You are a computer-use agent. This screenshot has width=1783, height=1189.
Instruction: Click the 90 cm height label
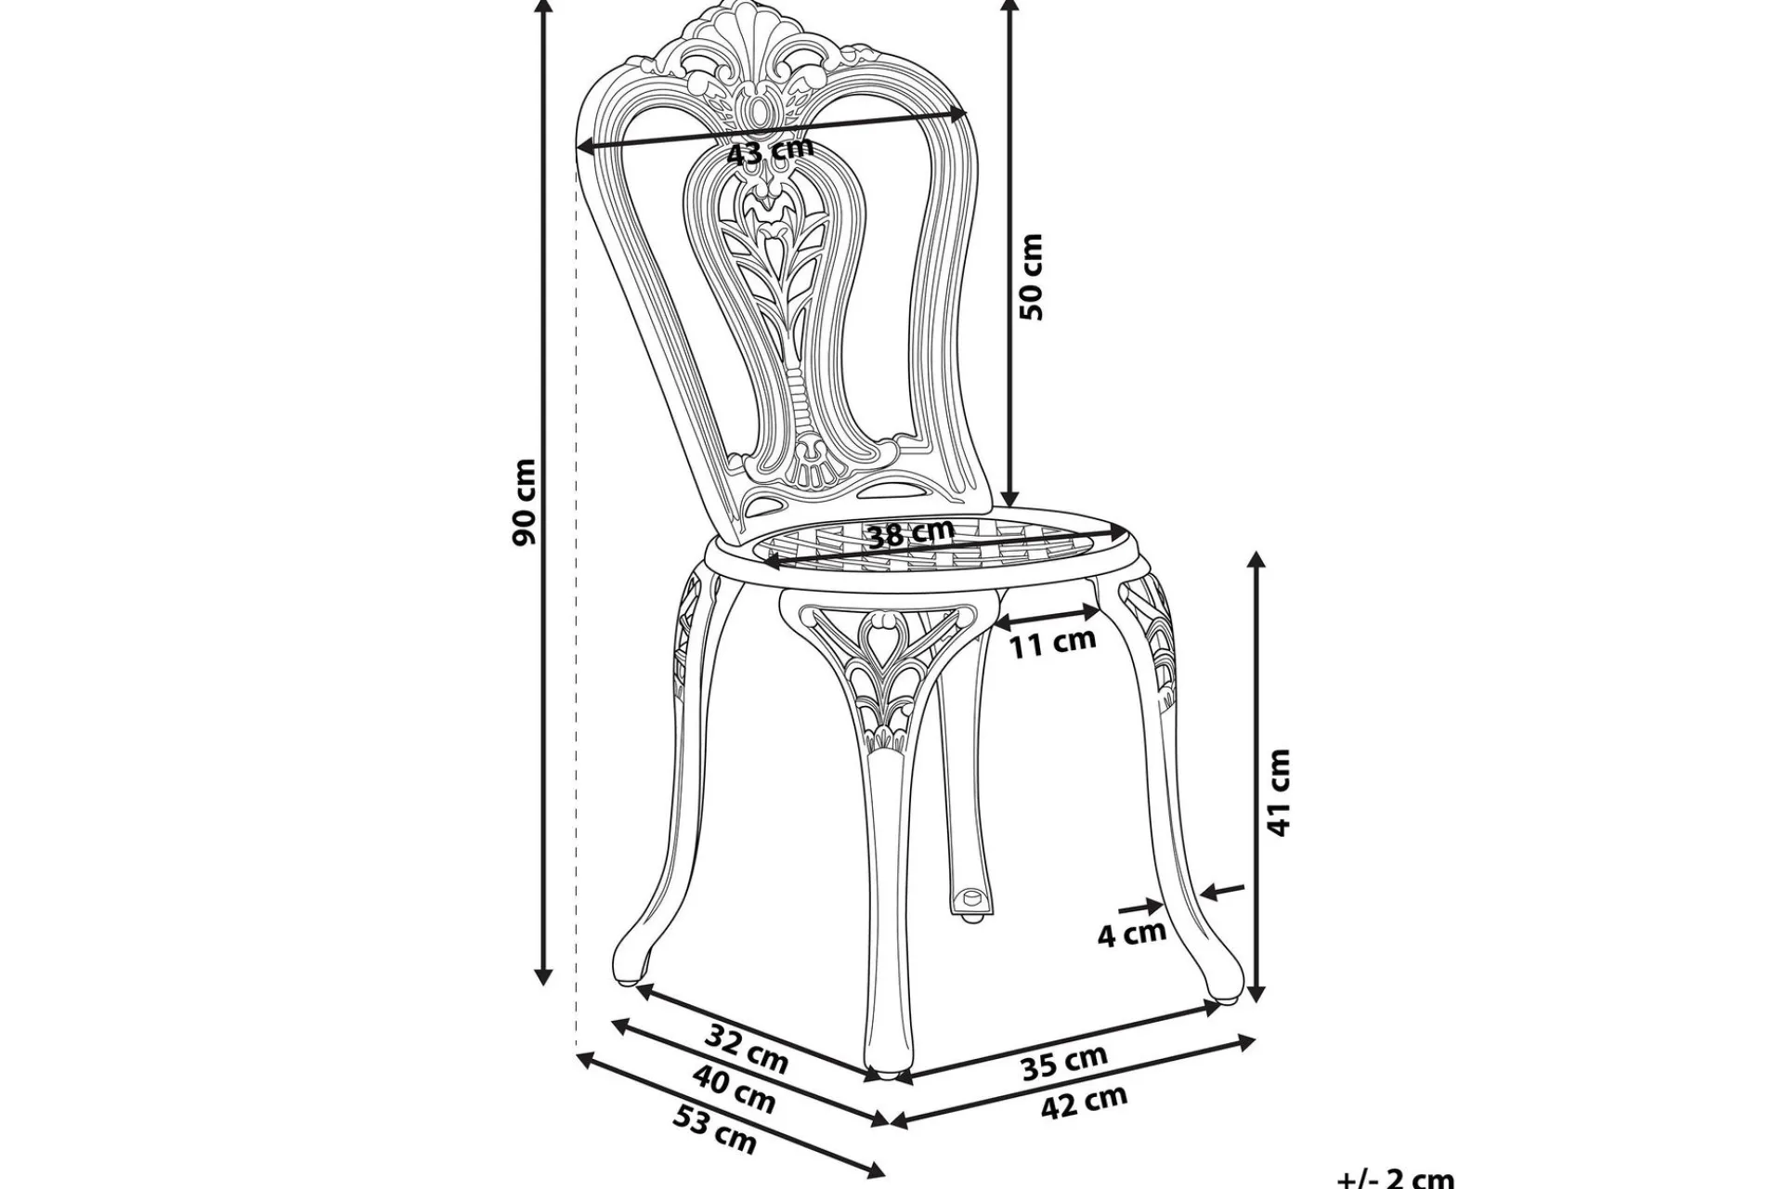coord(525,502)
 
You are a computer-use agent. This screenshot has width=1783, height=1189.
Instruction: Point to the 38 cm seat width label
coord(910,533)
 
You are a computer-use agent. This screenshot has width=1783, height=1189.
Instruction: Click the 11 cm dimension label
coord(1053,641)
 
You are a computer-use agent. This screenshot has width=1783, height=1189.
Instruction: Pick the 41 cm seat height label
coord(1279,792)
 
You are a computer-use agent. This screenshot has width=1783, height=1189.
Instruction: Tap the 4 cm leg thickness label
coord(1132,934)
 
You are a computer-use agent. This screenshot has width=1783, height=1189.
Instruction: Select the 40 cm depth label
coord(734,1087)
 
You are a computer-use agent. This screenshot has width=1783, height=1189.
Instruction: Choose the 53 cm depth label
coord(714,1130)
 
